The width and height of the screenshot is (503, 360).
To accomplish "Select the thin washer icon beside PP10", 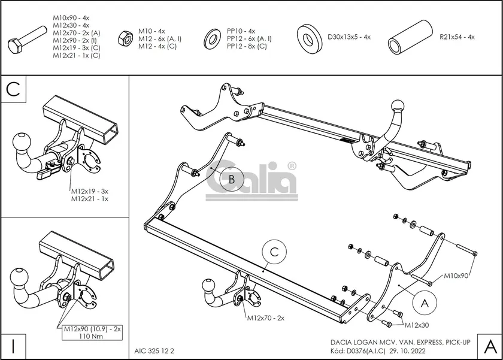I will coord(212,38).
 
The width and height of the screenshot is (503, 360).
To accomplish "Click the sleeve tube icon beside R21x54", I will coord(411,37).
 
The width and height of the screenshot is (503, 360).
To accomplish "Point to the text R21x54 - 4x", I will coord(457,37).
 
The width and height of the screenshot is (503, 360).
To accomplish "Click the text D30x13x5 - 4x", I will coord(349,37).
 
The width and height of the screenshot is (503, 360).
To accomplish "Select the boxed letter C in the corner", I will coord(14,89).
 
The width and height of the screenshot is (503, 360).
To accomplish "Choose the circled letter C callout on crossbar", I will coord(274,253).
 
